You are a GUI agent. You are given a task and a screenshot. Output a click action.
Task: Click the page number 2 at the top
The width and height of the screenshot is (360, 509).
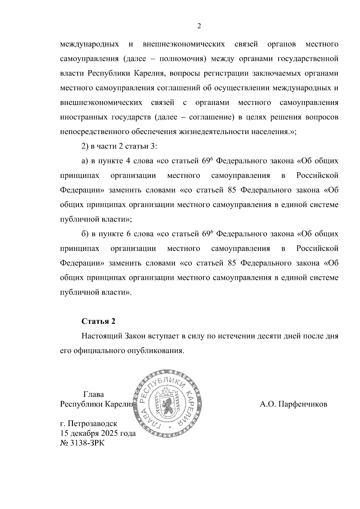coord(199,26)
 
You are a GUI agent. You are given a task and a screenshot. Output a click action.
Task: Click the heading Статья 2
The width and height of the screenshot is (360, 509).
coord(98,321)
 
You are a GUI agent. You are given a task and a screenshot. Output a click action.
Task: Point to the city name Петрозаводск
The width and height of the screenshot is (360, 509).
coord(92,424)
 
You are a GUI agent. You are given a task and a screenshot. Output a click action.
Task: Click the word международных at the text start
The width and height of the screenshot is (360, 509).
coord(89,44)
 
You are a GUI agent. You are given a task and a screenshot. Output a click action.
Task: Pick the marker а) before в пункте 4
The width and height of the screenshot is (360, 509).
coord(85,161)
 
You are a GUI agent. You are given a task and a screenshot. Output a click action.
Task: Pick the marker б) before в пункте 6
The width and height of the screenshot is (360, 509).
coord(85,234)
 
